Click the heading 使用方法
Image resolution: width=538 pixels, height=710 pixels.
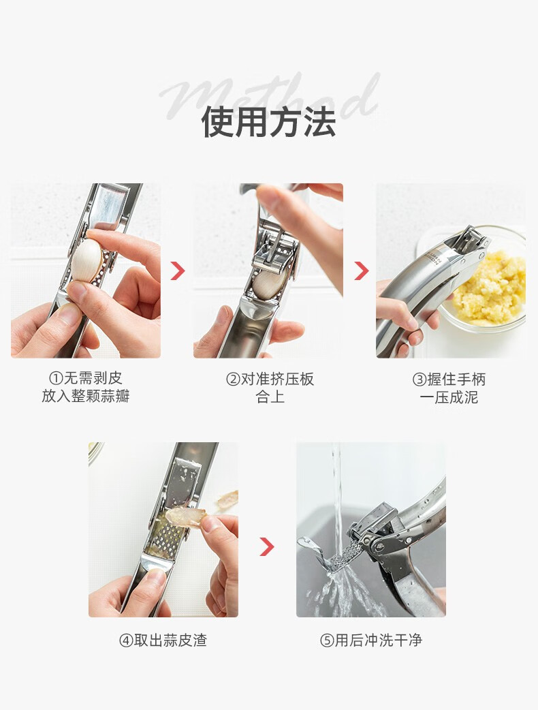pyautogui.click(x=269, y=122)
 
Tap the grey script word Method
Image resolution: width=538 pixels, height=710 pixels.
pyautogui.click(x=269, y=99)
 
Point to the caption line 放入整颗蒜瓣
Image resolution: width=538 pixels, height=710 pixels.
pyautogui.click(x=86, y=396)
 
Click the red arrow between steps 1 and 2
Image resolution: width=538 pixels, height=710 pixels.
pyautogui.click(x=178, y=271)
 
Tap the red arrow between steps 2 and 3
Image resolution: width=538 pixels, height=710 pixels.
pyautogui.click(x=361, y=271)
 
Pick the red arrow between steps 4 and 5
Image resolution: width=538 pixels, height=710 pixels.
pyautogui.click(x=267, y=546)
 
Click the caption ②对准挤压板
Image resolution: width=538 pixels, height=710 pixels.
pyautogui.click(x=270, y=379)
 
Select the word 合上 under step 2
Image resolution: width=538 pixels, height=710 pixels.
pyautogui.click(x=270, y=397)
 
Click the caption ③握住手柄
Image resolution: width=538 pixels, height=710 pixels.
pyautogui.click(x=449, y=379)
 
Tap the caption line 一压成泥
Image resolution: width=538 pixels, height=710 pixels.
pyautogui.click(x=449, y=397)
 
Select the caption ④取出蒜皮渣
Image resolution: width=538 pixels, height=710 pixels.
pyautogui.click(x=163, y=640)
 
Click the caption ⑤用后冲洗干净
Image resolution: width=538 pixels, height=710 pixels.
pyautogui.click(x=371, y=640)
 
